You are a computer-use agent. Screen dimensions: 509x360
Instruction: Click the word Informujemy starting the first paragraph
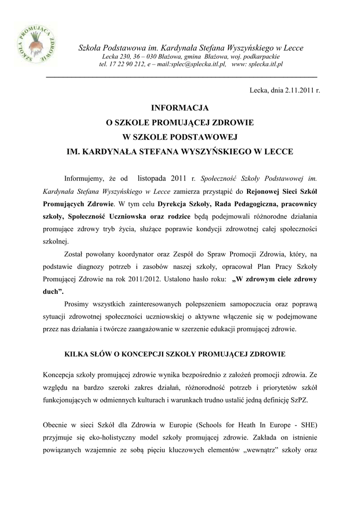click(84, 178)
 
